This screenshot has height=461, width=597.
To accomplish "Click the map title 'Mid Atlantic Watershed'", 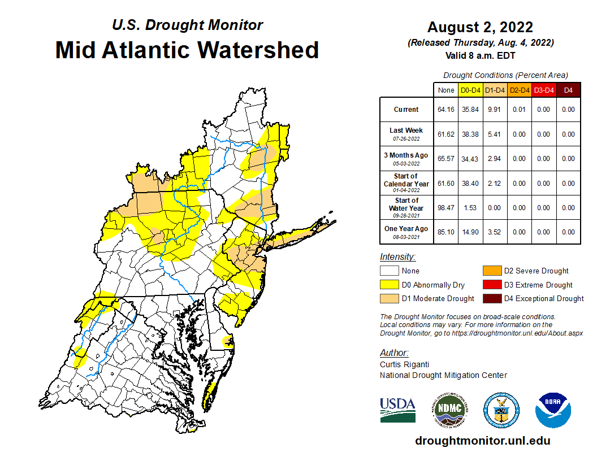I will [187, 50].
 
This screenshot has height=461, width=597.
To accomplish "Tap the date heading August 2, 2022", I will [480, 27].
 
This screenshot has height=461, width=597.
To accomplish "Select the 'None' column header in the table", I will [445, 90].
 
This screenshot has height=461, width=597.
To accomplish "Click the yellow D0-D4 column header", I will [470, 90].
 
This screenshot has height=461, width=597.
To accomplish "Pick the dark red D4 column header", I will [568, 90].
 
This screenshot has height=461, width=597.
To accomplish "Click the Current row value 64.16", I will [445, 110].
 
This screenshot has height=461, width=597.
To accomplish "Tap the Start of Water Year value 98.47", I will [445, 208].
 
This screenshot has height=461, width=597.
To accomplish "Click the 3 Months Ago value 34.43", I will [470, 159].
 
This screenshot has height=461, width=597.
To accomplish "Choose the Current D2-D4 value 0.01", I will [519, 110].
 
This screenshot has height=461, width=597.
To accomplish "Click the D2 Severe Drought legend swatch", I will [491, 271].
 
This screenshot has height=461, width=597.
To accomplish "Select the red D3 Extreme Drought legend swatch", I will [491, 285].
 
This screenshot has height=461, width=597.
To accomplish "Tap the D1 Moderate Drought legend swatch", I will [389, 298].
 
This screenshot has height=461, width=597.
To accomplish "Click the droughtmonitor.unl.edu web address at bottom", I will [482, 441].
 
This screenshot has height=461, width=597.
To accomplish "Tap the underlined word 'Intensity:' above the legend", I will [397, 256].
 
